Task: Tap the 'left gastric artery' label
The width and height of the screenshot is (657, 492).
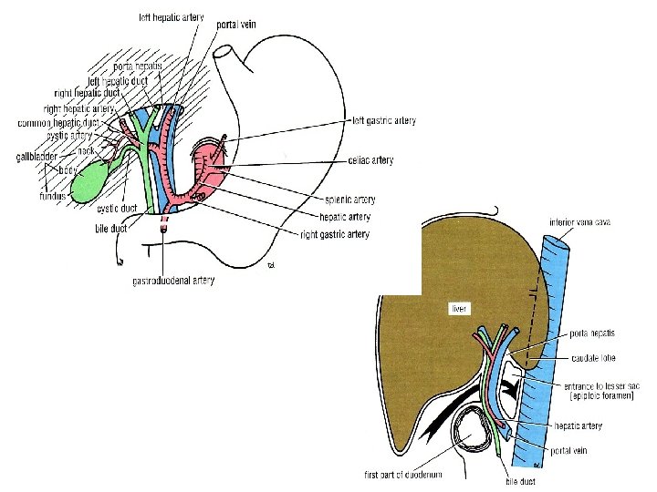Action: click(x=384, y=120)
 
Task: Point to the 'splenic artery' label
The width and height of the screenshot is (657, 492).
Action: click(x=349, y=199)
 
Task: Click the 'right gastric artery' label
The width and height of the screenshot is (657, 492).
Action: click(x=335, y=235)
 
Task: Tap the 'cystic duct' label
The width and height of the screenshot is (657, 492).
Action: click(x=117, y=209)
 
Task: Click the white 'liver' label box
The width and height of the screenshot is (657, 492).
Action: click(x=459, y=309)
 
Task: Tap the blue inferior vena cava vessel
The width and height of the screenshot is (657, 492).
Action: click(x=556, y=301)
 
